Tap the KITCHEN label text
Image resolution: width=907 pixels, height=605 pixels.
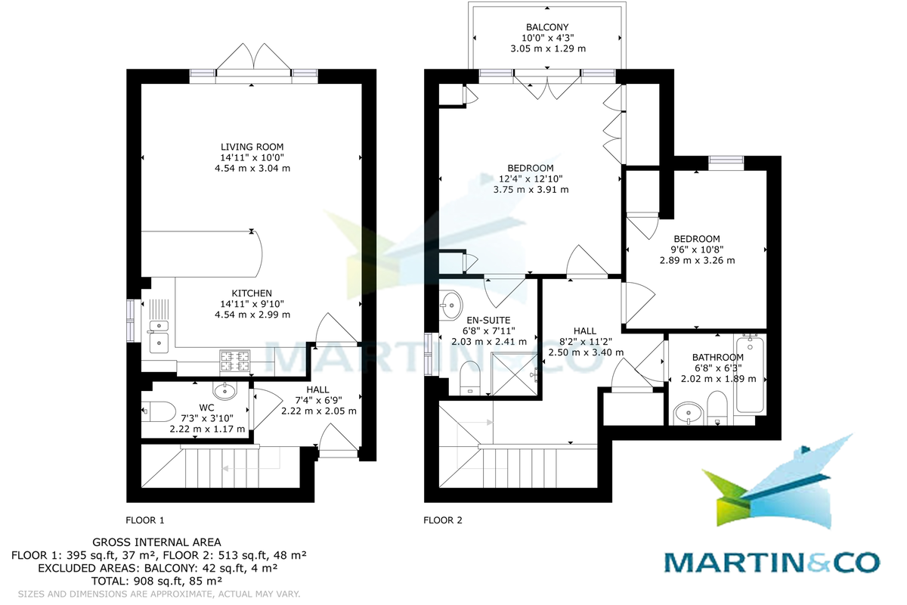tap(252, 293)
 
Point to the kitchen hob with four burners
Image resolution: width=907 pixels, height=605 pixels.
tap(235, 361)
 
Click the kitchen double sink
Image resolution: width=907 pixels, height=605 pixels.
tap(159, 334)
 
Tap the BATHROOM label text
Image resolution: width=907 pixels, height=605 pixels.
tap(718, 358)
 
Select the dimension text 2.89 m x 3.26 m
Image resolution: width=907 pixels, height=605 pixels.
tap(697, 260)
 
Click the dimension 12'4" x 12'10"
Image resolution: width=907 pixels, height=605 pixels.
tap(531, 179)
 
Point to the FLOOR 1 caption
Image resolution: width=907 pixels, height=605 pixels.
tap(144, 520)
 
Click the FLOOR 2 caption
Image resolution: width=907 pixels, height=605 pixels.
tap(442, 520)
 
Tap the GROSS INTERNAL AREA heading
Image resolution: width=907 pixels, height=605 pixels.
tap(156, 542)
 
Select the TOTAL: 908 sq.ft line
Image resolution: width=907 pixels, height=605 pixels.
tap(156, 581)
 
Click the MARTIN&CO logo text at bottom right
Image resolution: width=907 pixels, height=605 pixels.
tap(772, 562)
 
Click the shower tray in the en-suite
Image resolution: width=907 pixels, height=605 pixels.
tap(517, 373)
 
